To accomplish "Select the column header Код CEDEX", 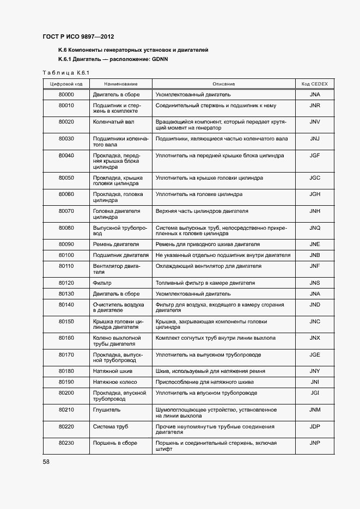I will click(314, 84).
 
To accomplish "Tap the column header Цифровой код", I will click(66, 84).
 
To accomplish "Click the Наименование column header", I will click(120, 84).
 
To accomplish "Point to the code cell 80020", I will click(66, 122).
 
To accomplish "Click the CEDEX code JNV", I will click(314, 122).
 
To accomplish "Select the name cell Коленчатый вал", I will click(113, 122).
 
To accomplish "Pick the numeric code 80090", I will click(66, 244).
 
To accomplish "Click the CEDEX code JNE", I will click(314, 244).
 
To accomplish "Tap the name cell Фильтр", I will click(102, 283).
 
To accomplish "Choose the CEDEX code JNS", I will click(314, 283).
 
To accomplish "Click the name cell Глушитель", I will click(107, 409).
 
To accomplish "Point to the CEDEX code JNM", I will click(314, 409).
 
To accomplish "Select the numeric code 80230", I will click(66, 443).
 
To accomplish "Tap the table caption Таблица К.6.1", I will click(65, 72).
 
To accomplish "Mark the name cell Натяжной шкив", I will click(113, 371).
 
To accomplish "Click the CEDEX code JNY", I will click(314, 371).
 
